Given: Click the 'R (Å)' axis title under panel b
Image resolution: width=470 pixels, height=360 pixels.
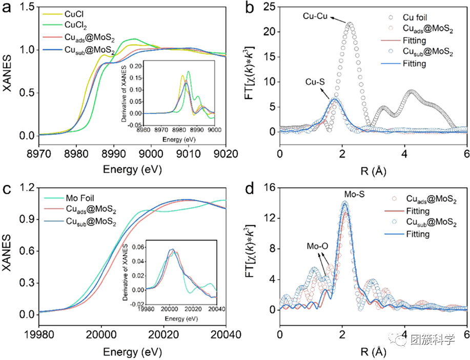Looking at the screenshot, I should click(373, 169).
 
